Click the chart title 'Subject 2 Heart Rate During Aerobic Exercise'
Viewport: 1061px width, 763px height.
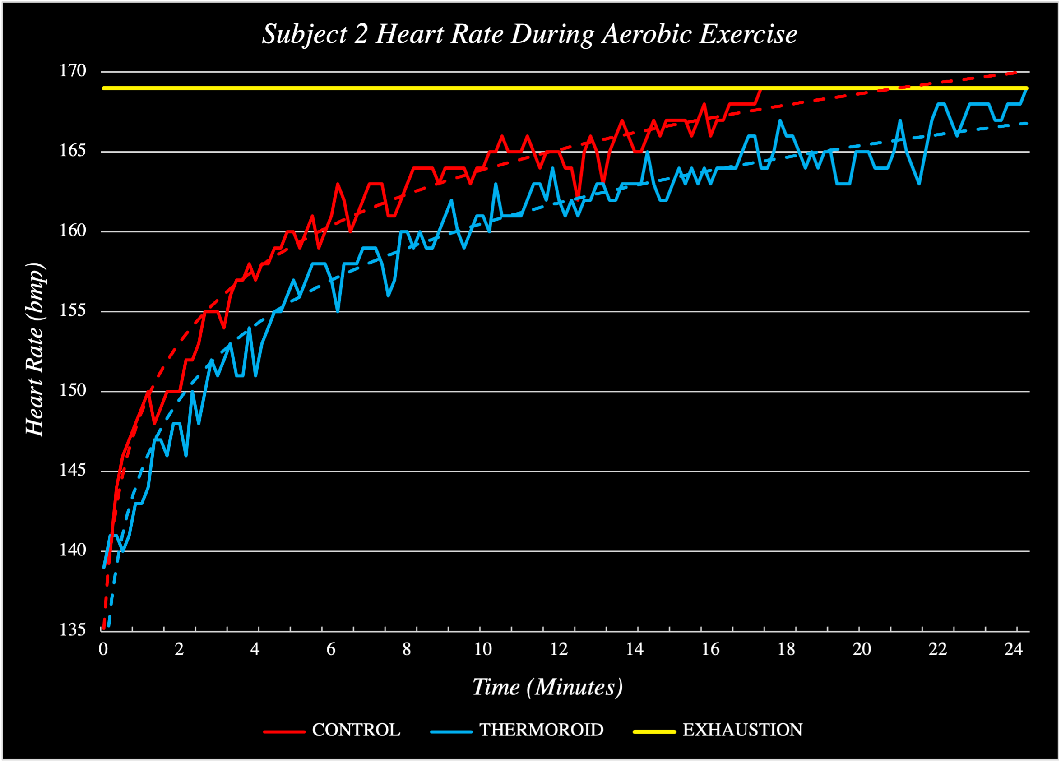click(x=529, y=34)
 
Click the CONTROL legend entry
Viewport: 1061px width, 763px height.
click(x=332, y=730)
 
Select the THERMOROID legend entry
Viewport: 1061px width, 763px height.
click(x=517, y=730)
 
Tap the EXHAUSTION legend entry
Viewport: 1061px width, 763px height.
click(x=718, y=730)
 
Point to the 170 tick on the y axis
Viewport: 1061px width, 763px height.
click(x=73, y=71)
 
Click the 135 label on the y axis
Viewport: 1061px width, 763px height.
click(x=73, y=630)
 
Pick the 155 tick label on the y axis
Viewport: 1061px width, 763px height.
click(x=73, y=310)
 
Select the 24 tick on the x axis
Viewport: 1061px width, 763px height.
click(x=1013, y=649)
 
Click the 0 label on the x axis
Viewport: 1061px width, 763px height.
click(x=103, y=649)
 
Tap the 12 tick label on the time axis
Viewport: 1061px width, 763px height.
click(x=558, y=649)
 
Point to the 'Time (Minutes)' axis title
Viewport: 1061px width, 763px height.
click(x=547, y=687)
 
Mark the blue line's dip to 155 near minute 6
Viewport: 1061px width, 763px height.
click(x=338, y=311)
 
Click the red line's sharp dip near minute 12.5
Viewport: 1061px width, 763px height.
click(x=578, y=196)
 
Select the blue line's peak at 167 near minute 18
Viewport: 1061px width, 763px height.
click(x=780, y=120)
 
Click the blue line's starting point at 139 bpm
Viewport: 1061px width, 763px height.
click(x=104, y=568)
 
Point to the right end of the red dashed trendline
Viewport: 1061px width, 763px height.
click(x=1016, y=73)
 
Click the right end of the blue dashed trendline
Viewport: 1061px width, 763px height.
click(x=1026, y=124)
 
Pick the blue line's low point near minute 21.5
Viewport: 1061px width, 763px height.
click(x=919, y=184)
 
